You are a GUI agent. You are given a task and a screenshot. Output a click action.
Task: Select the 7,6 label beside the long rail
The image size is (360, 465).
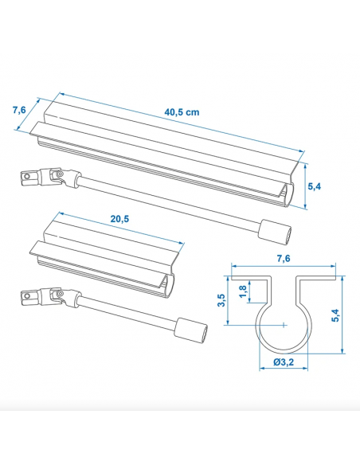pyautogui.click(x=19, y=111)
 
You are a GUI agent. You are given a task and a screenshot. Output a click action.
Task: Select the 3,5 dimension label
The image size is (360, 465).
pyautogui.click(x=221, y=300)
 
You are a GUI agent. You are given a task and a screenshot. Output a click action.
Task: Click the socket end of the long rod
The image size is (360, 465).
pyautogui.click(x=273, y=230)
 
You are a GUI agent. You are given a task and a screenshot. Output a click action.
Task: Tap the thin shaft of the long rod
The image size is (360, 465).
pyautogui.click(x=167, y=205)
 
